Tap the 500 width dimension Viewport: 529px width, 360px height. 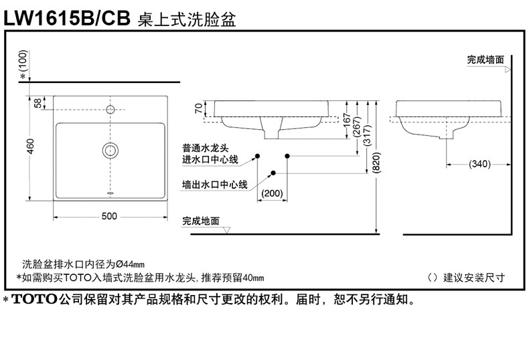(110, 216)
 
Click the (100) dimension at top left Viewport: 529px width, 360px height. (25, 62)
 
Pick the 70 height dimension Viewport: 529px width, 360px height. (199, 109)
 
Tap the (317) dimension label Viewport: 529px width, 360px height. (366, 136)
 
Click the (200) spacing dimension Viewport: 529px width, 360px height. (272, 193)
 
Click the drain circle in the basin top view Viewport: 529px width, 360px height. (110, 150)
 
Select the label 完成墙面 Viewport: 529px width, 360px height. (485, 60)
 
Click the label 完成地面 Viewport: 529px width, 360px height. (201, 220)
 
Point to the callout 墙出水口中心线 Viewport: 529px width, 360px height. (215, 184)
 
